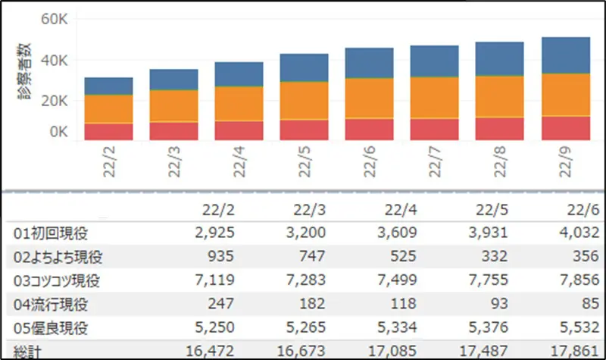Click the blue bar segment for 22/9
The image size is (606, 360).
tap(565, 55)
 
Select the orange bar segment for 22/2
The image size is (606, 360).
tap(108, 108)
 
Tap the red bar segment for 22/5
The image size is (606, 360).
tap(304, 130)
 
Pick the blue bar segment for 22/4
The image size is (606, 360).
tap(239, 74)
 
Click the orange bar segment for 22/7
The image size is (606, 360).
tap(435, 97)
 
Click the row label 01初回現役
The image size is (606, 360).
tap(47, 232)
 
